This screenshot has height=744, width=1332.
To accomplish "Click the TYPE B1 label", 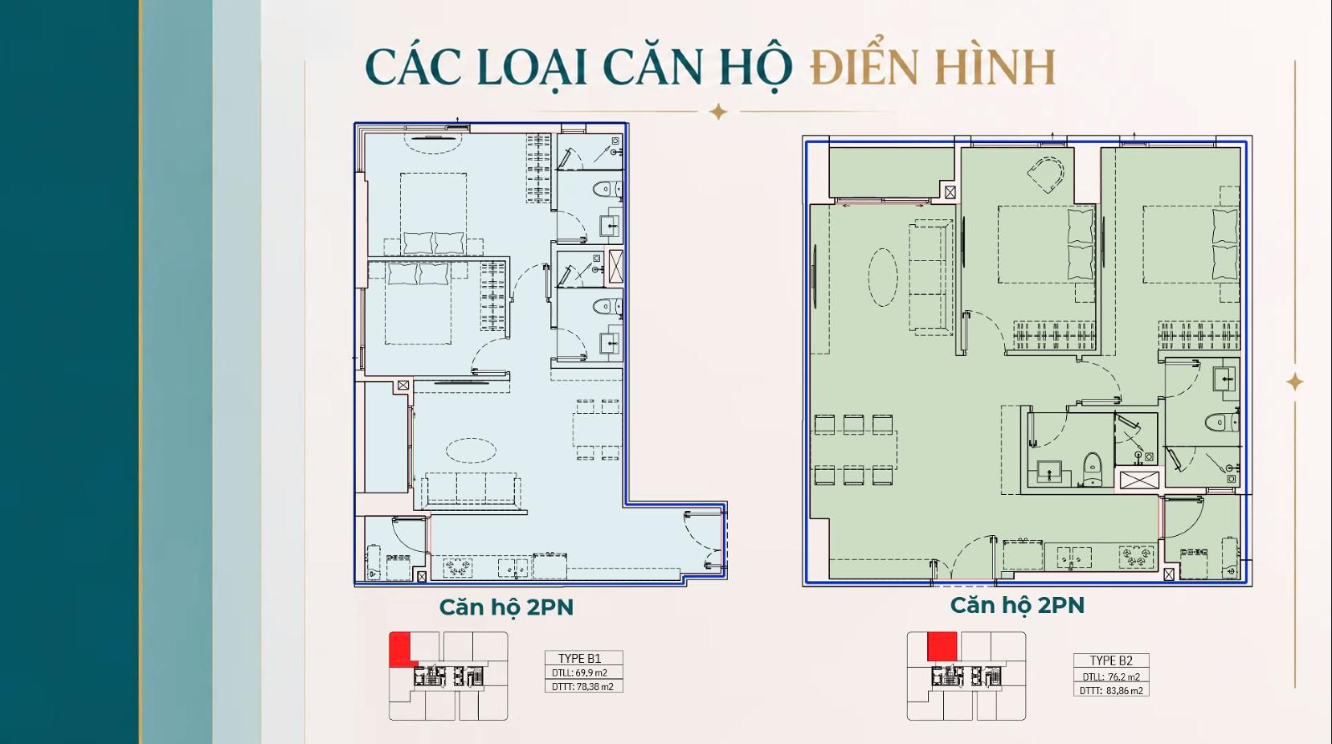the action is [x=580, y=658].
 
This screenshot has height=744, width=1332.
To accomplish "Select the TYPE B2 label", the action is [x=1111, y=660].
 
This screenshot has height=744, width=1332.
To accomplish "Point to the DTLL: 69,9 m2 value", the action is [x=579, y=672].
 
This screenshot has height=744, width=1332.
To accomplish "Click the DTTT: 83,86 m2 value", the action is [x=1111, y=690].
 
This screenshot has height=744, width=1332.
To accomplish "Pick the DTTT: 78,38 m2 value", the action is [x=582, y=686].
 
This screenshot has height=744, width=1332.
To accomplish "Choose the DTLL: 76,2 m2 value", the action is [x=1111, y=677].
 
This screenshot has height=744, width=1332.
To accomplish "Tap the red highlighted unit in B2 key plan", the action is [x=942, y=647].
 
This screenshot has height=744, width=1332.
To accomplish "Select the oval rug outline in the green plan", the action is [x=882, y=278].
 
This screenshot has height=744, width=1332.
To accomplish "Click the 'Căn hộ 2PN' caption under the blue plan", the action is [x=506, y=607].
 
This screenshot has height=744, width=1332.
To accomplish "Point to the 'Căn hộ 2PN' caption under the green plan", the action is [x=1017, y=606].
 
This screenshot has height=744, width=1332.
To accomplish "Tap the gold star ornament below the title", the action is [x=718, y=112].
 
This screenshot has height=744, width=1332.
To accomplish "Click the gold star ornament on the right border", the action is [x=1295, y=382].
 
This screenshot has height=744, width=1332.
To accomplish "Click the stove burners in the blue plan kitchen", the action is [x=458, y=567].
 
